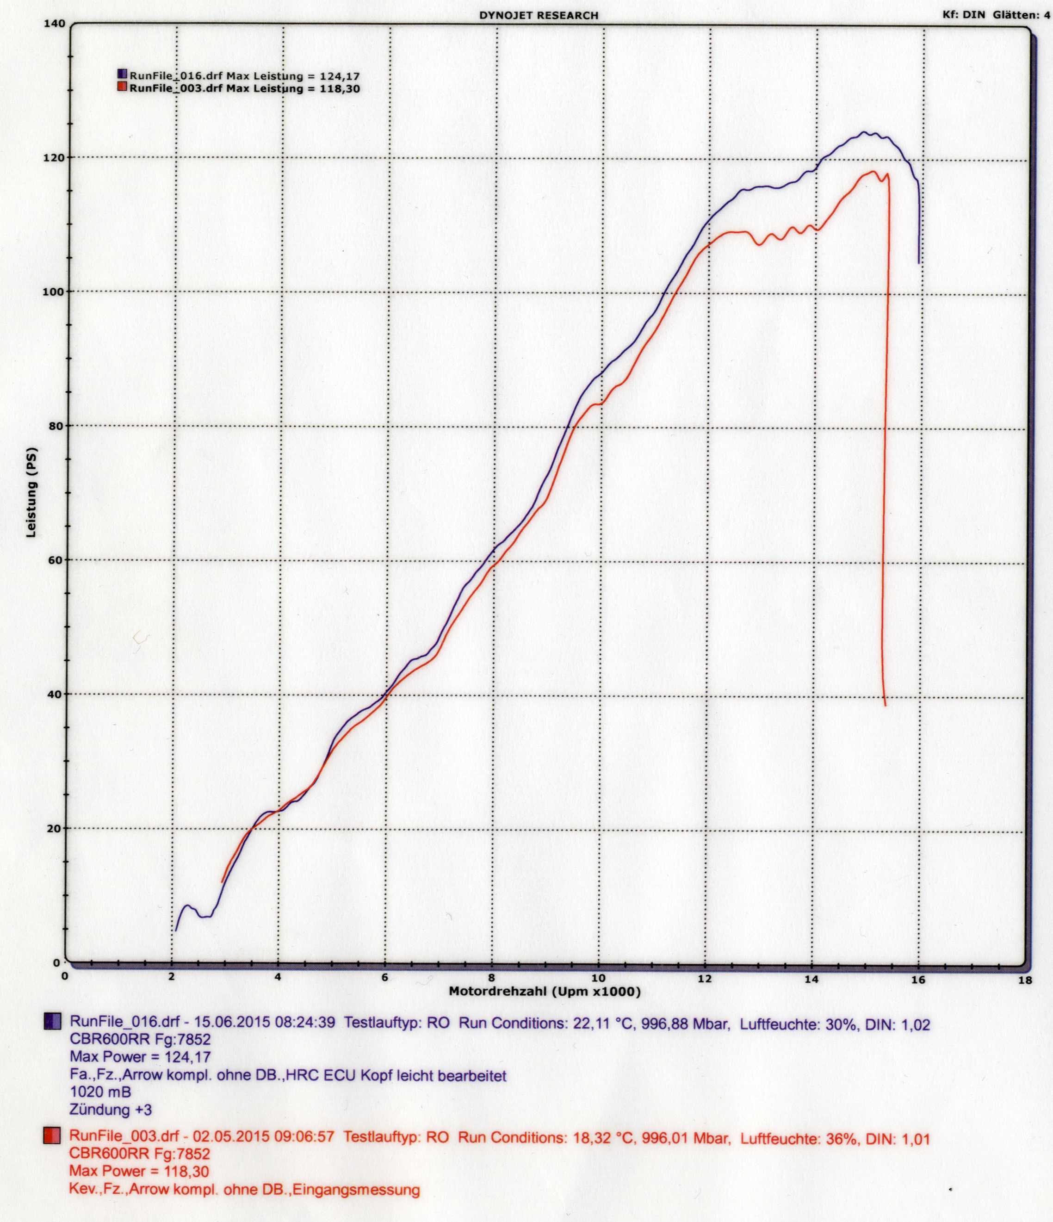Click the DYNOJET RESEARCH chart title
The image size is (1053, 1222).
coord(539,16)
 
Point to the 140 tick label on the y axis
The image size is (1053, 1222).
coord(54,24)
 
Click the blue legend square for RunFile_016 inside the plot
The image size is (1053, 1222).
coord(123,75)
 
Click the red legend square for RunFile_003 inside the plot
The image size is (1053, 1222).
coord(123,88)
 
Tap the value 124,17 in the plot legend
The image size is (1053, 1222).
coord(340,76)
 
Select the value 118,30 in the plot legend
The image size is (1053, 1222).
coord(340,89)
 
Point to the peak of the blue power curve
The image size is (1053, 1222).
coord(865,133)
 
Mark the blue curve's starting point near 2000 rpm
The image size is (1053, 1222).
coord(176,930)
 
